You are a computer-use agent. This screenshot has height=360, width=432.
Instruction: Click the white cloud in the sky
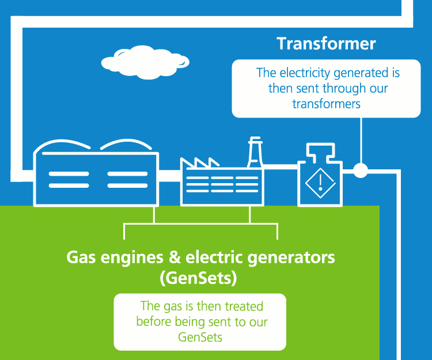pyautogui.click(x=145, y=63)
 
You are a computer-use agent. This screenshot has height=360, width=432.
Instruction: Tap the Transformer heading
pyautogui.click(x=326, y=44)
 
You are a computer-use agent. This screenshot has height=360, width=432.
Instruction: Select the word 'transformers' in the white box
pyautogui.click(x=326, y=104)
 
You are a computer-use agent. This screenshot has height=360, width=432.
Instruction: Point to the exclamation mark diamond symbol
pyautogui.click(x=320, y=183)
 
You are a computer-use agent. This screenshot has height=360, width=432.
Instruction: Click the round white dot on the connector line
pyautogui.click(x=361, y=170)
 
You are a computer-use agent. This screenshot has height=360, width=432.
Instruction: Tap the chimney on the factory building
pyautogui.click(x=255, y=152)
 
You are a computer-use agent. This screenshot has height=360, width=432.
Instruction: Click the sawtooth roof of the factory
pyautogui.click(x=199, y=162)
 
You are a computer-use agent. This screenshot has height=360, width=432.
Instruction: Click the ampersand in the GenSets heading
pyautogui.click(x=175, y=257)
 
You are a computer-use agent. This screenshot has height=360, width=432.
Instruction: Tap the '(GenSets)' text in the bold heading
pyautogui.click(x=198, y=278)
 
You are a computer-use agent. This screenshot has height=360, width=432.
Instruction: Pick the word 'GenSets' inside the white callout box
pyautogui.click(x=200, y=337)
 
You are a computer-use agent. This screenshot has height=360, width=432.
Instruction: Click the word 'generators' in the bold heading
pyautogui.click(x=291, y=258)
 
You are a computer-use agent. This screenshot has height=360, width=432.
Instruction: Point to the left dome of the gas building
pyautogui.click(x=62, y=146)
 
